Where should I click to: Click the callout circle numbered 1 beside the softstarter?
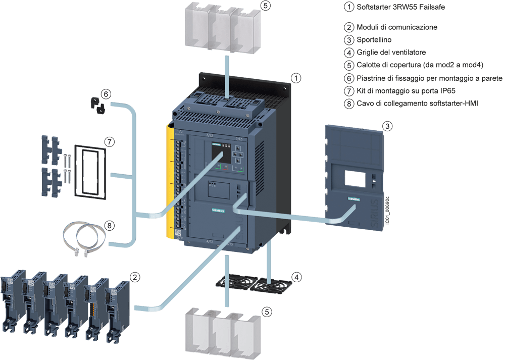pos(297,78)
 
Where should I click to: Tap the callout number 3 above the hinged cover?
pos(387,126)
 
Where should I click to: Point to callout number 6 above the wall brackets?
pos(106,94)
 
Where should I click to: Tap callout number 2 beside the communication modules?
pos(134,277)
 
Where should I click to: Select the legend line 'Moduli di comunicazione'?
pos(396,27)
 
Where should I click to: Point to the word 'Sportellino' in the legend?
pos(374,39)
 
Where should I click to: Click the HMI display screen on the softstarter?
pos(216,150)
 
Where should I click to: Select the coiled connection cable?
pos(83,237)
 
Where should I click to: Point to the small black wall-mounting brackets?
pos(97,105)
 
